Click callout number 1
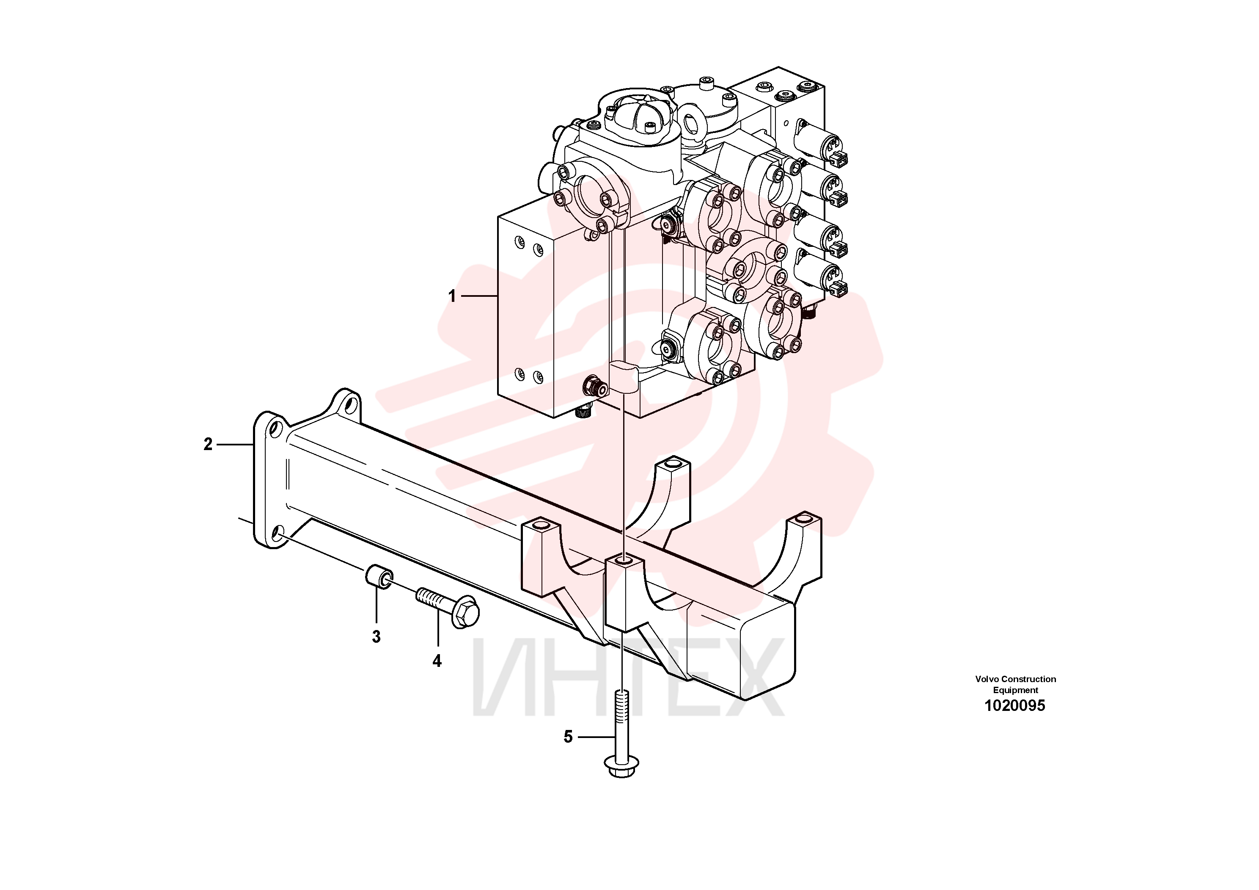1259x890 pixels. coord(452,296)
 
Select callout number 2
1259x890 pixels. coord(208,445)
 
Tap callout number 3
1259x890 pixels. coord(376,636)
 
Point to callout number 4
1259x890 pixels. coord(437,661)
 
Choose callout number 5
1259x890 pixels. coord(568,737)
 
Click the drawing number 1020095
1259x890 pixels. coord(1015,706)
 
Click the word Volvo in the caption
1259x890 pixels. coord(987,679)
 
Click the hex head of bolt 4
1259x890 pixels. coord(465,612)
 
